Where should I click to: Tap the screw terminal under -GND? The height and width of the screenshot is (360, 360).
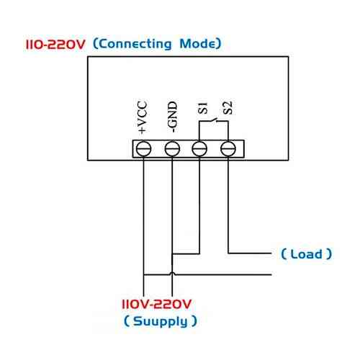172,148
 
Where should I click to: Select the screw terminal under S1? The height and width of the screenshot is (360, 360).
200,148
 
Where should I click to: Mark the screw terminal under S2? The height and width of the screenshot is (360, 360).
228,148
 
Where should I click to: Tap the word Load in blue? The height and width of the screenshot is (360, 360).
306,253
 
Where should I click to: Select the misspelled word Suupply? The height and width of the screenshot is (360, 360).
159,321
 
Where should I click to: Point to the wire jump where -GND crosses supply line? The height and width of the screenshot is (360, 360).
172,274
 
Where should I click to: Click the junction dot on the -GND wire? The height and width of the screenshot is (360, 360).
172,253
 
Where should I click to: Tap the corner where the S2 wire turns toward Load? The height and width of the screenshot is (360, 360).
228,253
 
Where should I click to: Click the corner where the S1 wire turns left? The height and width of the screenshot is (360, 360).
200,253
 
